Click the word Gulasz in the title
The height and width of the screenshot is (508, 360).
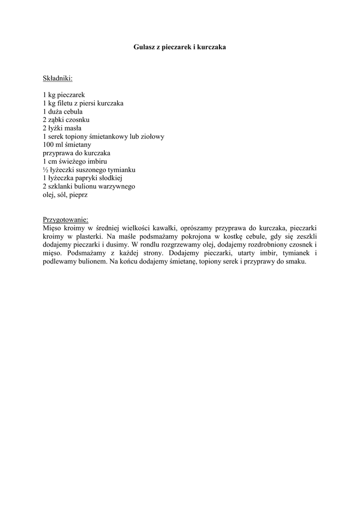pyautogui.click(x=144, y=47)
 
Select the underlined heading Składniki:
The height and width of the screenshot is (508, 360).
pyautogui.click(x=58, y=78)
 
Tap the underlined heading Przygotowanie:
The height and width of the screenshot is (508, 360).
pyautogui.click(x=66, y=219)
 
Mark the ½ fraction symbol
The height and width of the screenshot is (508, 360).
pyautogui.click(x=45, y=170)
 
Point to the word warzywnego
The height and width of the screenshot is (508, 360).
pyautogui.click(x=117, y=187)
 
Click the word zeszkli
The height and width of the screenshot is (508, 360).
pyautogui.click(x=306, y=236)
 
